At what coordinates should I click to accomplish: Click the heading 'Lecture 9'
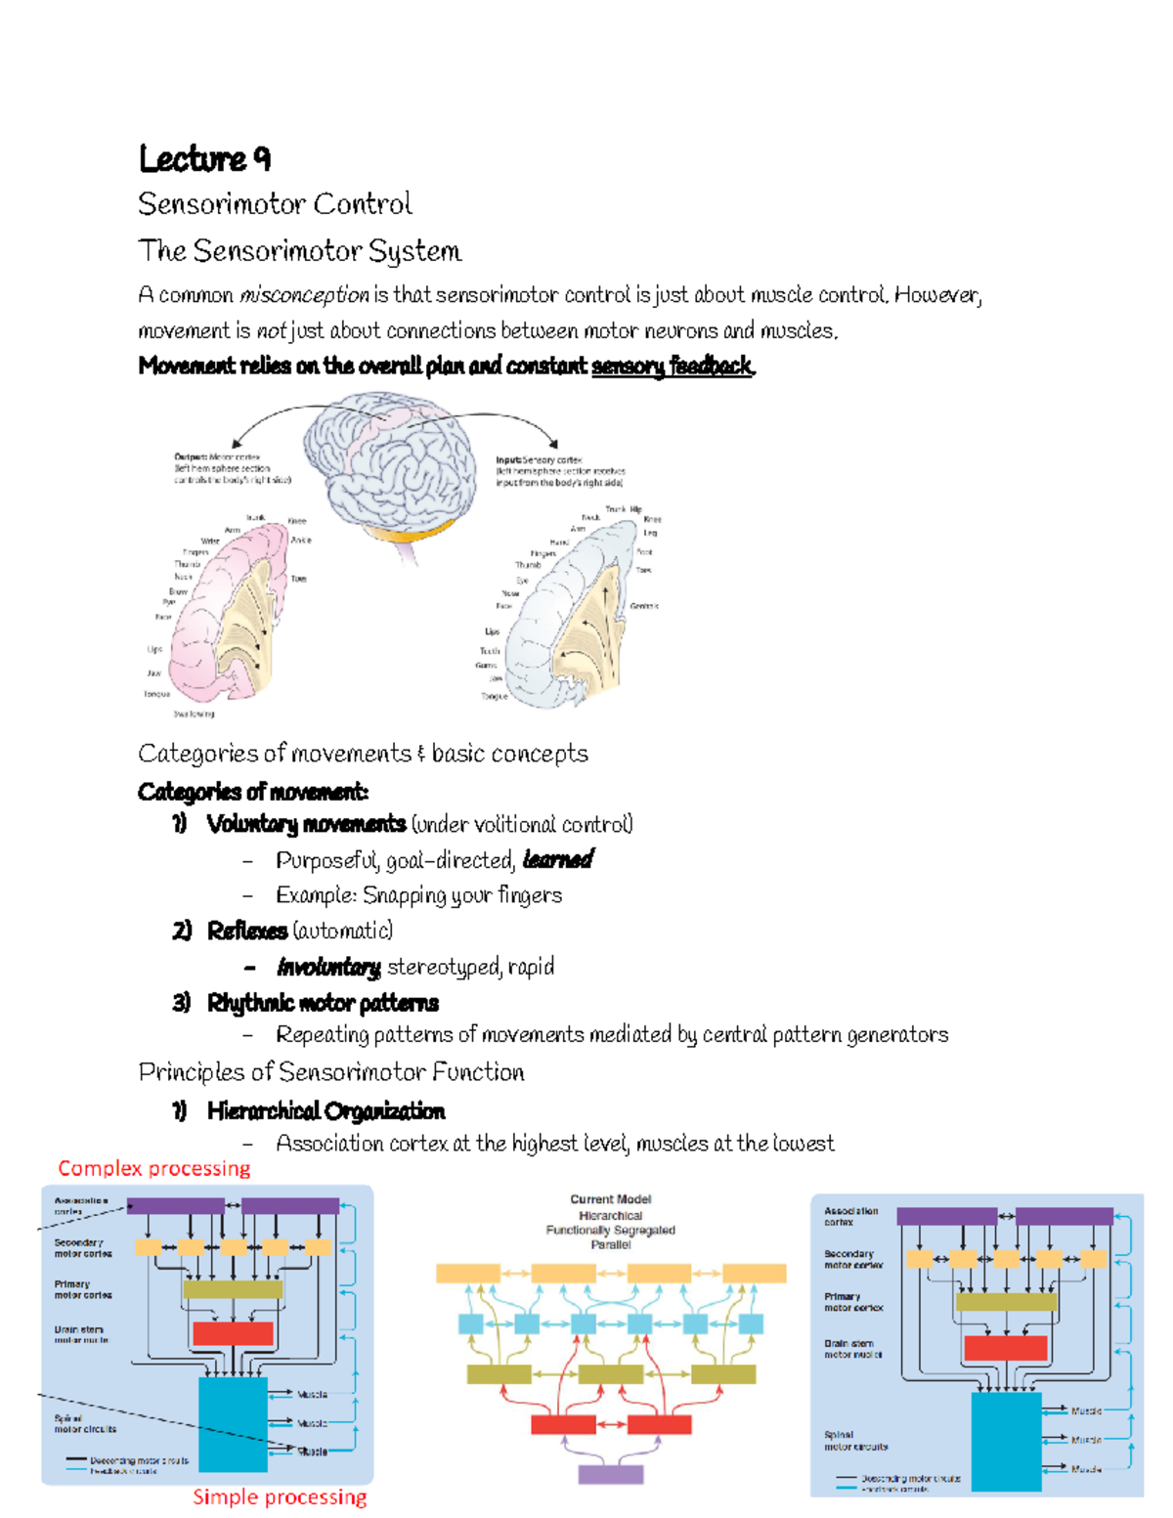click(204, 158)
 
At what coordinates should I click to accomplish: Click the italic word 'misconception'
click(304, 295)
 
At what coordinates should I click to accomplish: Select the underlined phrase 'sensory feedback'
click(673, 367)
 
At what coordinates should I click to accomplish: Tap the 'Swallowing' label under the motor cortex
click(194, 714)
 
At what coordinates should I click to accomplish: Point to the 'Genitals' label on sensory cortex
click(644, 606)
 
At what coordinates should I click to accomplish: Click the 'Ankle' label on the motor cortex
click(301, 540)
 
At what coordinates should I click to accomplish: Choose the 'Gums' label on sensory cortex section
click(486, 665)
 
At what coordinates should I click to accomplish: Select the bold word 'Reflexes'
click(247, 931)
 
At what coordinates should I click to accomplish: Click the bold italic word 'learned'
click(558, 859)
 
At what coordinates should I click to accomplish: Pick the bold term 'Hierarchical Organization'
click(326, 1111)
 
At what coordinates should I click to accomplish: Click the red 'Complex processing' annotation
click(153, 1168)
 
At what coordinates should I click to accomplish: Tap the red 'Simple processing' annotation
click(280, 1496)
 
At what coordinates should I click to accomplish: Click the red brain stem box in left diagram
click(233, 1332)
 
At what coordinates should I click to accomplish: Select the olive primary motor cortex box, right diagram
click(1006, 1302)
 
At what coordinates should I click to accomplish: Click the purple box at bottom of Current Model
click(611, 1474)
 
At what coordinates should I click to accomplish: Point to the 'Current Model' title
click(611, 1199)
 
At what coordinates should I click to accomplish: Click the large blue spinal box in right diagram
click(1006, 1442)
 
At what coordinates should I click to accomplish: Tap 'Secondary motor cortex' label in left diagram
click(83, 1248)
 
